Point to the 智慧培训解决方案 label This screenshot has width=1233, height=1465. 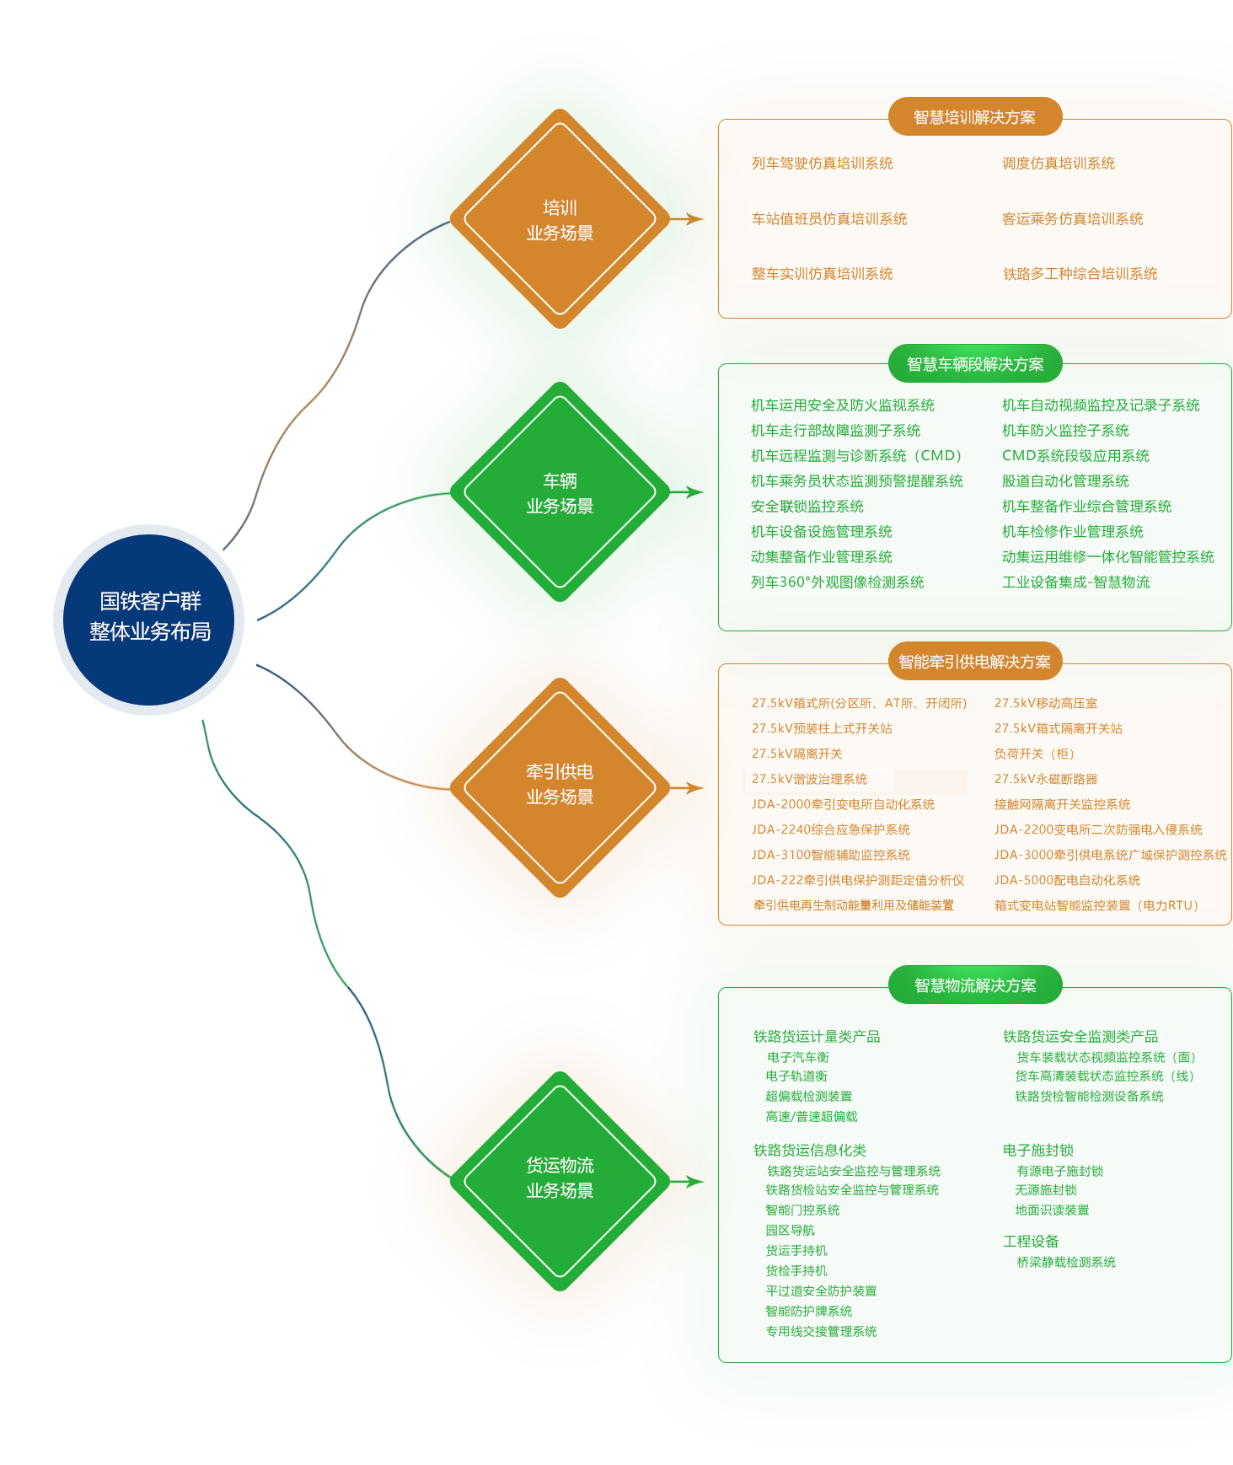tap(974, 117)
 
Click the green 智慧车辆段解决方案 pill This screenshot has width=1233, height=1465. tap(974, 364)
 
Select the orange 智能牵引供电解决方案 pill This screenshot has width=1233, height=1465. tap(974, 662)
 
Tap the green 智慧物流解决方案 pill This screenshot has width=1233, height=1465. tap(974, 985)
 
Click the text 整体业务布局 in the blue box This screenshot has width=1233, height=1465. tap(150, 631)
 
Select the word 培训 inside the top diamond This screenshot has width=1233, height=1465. tap(560, 207)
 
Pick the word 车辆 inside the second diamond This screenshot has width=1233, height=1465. tap(560, 480)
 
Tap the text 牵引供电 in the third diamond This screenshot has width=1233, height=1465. tap(560, 771)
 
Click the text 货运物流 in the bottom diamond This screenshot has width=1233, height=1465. tap(560, 1165)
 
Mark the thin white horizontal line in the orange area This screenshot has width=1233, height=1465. tap(819, 770)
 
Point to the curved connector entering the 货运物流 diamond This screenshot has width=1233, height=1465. tap(396, 1113)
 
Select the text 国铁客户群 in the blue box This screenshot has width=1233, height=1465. tap(150, 601)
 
